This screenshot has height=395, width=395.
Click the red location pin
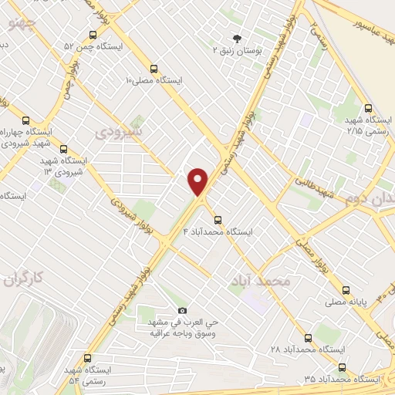coord(198,181)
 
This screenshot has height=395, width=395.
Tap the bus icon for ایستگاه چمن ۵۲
coord(93,34)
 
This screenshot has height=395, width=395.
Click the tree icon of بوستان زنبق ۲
coord(236,38)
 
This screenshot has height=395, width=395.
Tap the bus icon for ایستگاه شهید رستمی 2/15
coord(367,109)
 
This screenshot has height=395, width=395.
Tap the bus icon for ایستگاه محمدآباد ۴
coord(218,218)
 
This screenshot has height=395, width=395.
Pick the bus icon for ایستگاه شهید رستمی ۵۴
coord(86,358)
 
